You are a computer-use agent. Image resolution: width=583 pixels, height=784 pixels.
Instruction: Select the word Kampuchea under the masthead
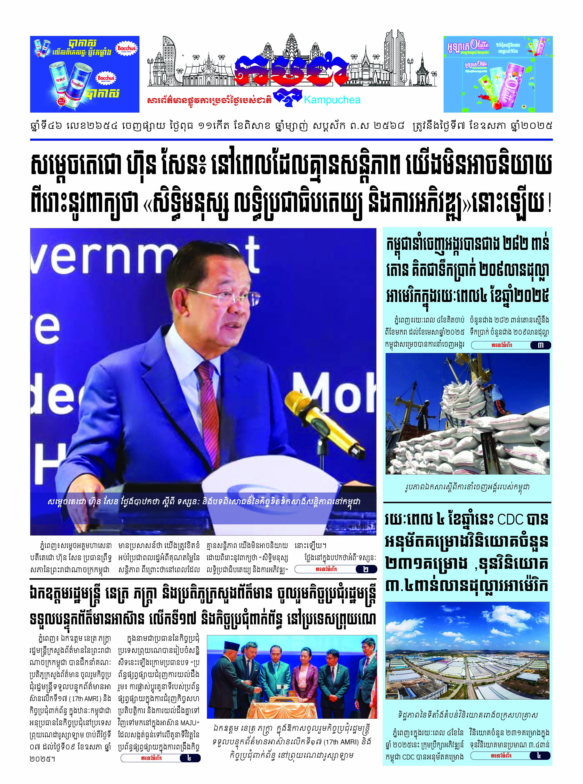click(332, 100)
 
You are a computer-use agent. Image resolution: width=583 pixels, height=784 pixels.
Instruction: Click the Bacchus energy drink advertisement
click(85, 74)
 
